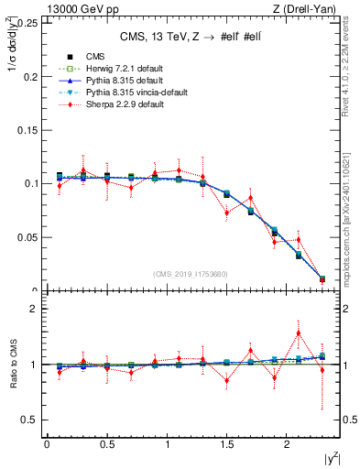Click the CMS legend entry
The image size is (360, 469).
(x=94, y=56)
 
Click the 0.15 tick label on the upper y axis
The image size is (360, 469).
(x=27, y=129)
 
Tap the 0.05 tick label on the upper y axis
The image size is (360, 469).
(x=27, y=237)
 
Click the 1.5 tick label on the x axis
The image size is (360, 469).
(x=226, y=444)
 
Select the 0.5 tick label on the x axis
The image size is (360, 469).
(x=106, y=444)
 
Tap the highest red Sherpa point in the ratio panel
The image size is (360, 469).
(x=298, y=333)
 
